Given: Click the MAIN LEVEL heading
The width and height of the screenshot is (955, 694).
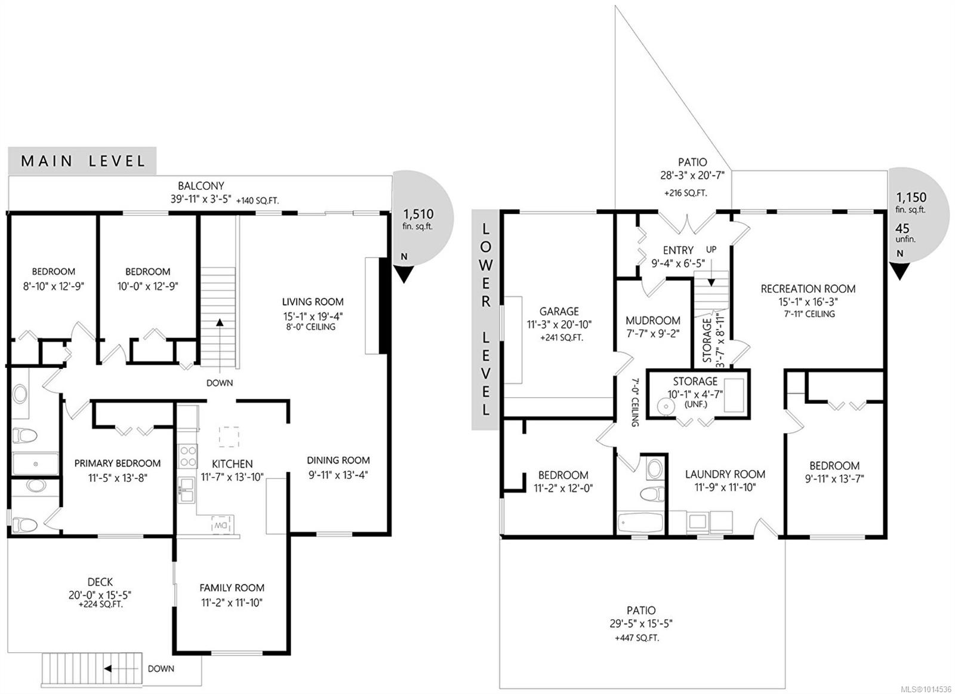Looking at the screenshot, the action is tap(83, 161).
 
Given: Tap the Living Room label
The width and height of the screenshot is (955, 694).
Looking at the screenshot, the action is tap(313, 302).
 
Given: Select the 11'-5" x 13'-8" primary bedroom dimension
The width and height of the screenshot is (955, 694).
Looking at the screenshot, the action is tap(118, 478).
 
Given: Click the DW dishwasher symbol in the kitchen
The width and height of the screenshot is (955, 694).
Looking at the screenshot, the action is tap(223, 524).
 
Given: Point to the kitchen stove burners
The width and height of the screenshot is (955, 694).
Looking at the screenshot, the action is tap(187, 456).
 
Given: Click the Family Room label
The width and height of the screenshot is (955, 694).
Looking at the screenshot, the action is tap(232, 588).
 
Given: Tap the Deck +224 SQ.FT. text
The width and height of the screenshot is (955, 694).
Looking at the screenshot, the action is tap(101, 604).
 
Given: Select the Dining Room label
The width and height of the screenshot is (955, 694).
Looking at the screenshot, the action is tap(338, 460).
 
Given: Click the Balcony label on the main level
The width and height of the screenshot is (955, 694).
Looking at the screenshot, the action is tap(201, 186).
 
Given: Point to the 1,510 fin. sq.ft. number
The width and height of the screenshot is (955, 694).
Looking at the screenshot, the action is tap(418, 214).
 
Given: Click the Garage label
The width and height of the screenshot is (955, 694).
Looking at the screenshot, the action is tap(559, 311).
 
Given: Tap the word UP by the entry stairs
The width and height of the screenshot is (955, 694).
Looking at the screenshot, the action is tap(711, 250).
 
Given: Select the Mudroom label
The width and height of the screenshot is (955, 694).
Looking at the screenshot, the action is tap(653, 320).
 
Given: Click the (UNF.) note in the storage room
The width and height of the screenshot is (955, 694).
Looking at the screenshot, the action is tap(695, 404).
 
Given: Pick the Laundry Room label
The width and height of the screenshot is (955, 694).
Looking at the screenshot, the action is tap(725, 474).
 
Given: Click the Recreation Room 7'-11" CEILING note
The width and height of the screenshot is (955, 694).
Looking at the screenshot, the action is tap(809, 314).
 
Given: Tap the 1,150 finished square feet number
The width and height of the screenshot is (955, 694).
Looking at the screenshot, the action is tap(911, 198).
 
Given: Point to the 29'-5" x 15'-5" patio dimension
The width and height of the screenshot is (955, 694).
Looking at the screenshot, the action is tap(641, 624).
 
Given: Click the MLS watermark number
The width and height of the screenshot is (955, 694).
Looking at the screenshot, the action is tap(929, 689).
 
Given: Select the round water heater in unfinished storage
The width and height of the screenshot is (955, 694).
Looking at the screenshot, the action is tap(664, 407).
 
